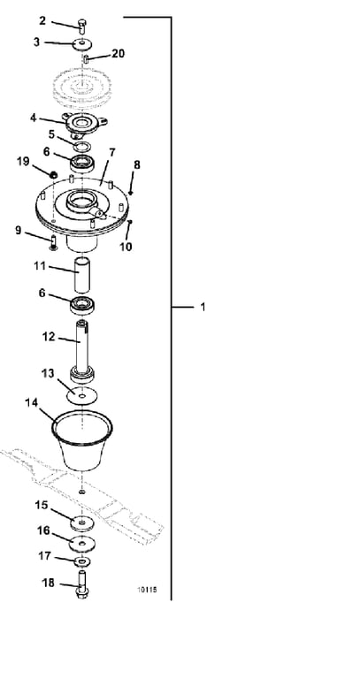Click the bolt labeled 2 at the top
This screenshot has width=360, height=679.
pos(82,25)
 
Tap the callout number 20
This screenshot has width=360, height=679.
pos(118,53)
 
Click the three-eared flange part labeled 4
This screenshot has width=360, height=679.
pos(85,125)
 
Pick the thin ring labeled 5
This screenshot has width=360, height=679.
pos(81,145)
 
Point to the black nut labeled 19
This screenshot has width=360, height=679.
pos(53,174)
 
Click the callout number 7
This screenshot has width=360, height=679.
pos(112,152)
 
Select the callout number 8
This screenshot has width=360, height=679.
pos(137,164)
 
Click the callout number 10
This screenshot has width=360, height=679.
pos(126,247)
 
